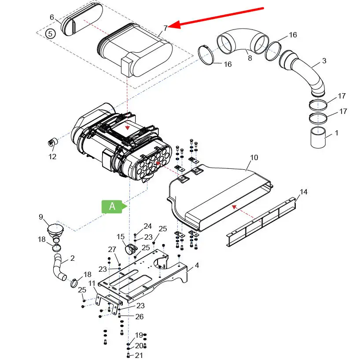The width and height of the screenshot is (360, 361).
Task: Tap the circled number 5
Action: [x=51, y=34]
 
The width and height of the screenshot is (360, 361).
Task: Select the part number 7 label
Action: [x=165, y=28]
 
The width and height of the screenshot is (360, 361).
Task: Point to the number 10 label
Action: [x=254, y=157]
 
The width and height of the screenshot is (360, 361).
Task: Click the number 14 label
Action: [x=304, y=192]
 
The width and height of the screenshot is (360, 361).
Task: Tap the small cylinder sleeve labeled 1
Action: [x=318, y=138]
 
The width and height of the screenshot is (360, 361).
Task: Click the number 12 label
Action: [x=52, y=157]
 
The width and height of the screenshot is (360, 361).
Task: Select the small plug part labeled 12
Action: [x=53, y=142]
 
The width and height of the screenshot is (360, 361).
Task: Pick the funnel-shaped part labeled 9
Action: [x=56, y=231]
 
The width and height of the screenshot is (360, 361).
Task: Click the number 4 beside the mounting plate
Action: [x=197, y=265]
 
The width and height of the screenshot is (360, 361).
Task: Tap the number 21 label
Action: [x=139, y=355]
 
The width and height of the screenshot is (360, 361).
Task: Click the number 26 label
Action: [x=140, y=317]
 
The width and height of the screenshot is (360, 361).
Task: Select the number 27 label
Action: [x=112, y=249]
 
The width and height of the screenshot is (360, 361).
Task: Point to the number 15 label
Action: [x=121, y=237]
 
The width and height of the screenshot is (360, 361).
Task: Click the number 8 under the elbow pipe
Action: [x=250, y=58]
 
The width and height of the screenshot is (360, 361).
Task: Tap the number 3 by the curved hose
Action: [x=324, y=61]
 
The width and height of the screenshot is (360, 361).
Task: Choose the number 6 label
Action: [x=52, y=17]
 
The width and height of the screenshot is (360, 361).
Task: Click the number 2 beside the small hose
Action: [x=72, y=258]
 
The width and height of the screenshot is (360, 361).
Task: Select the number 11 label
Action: [x=92, y=283]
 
